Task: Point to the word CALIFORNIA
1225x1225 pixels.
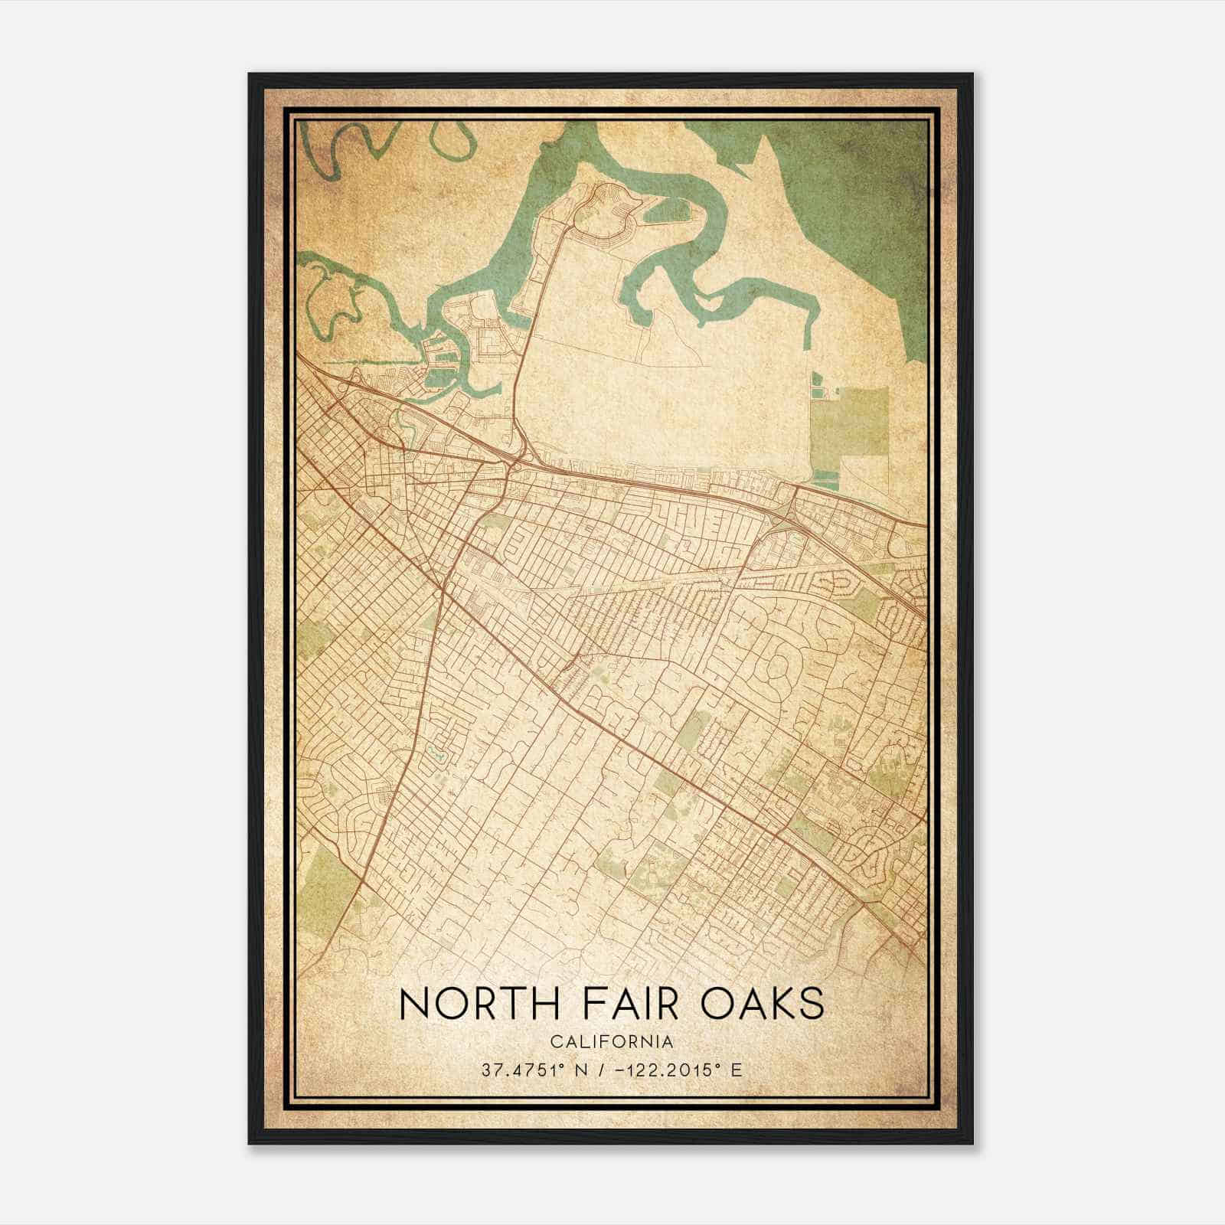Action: pyautogui.click(x=612, y=1041)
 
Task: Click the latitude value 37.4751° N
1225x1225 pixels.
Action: pyautogui.click(x=529, y=1070)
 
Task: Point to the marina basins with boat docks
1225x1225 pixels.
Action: pyautogui.click(x=443, y=367)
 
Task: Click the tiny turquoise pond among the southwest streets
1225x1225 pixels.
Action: pyautogui.click(x=439, y=754)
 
